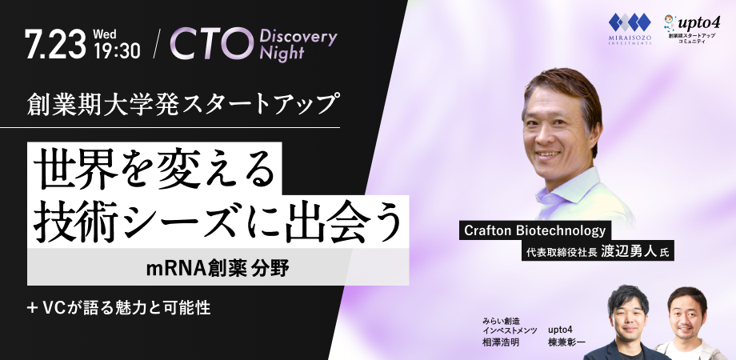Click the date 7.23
click(56, 44)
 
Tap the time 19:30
click(117, 50)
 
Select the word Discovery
click(298, 37)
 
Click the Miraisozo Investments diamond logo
click(630, 23)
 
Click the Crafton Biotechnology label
click(535, 230)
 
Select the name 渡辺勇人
click(628, 251)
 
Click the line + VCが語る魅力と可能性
click(118, 307)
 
